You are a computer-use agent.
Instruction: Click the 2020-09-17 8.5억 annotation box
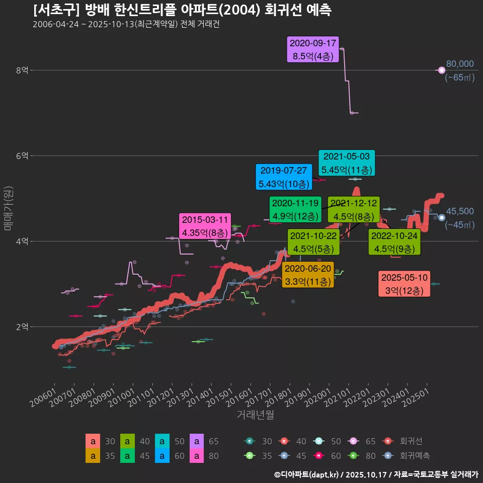312,49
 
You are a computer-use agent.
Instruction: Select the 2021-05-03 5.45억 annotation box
346,163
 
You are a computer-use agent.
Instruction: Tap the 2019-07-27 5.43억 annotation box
283,177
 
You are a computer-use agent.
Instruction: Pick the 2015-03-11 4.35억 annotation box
205,226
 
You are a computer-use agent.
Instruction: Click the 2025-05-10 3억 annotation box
404,284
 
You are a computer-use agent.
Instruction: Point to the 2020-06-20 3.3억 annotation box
308,275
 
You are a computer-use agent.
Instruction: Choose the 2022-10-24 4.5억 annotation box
394,242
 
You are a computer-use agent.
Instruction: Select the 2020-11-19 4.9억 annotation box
295,210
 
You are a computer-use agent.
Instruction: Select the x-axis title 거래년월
255,415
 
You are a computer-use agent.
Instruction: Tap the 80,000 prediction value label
460,64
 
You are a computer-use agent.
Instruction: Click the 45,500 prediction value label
460,211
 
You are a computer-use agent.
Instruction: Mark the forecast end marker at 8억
442,70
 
